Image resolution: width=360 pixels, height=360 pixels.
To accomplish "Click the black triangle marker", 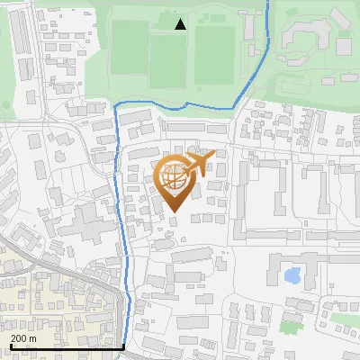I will (180, 24).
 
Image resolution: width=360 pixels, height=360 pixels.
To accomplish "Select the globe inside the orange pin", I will (175, 177).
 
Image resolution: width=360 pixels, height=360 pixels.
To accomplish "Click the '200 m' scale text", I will (23, 337).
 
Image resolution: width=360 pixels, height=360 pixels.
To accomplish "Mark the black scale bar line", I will (63, 346).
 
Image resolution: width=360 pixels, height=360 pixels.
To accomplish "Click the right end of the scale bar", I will (123, 346).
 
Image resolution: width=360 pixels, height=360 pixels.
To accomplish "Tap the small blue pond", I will (292, 275).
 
